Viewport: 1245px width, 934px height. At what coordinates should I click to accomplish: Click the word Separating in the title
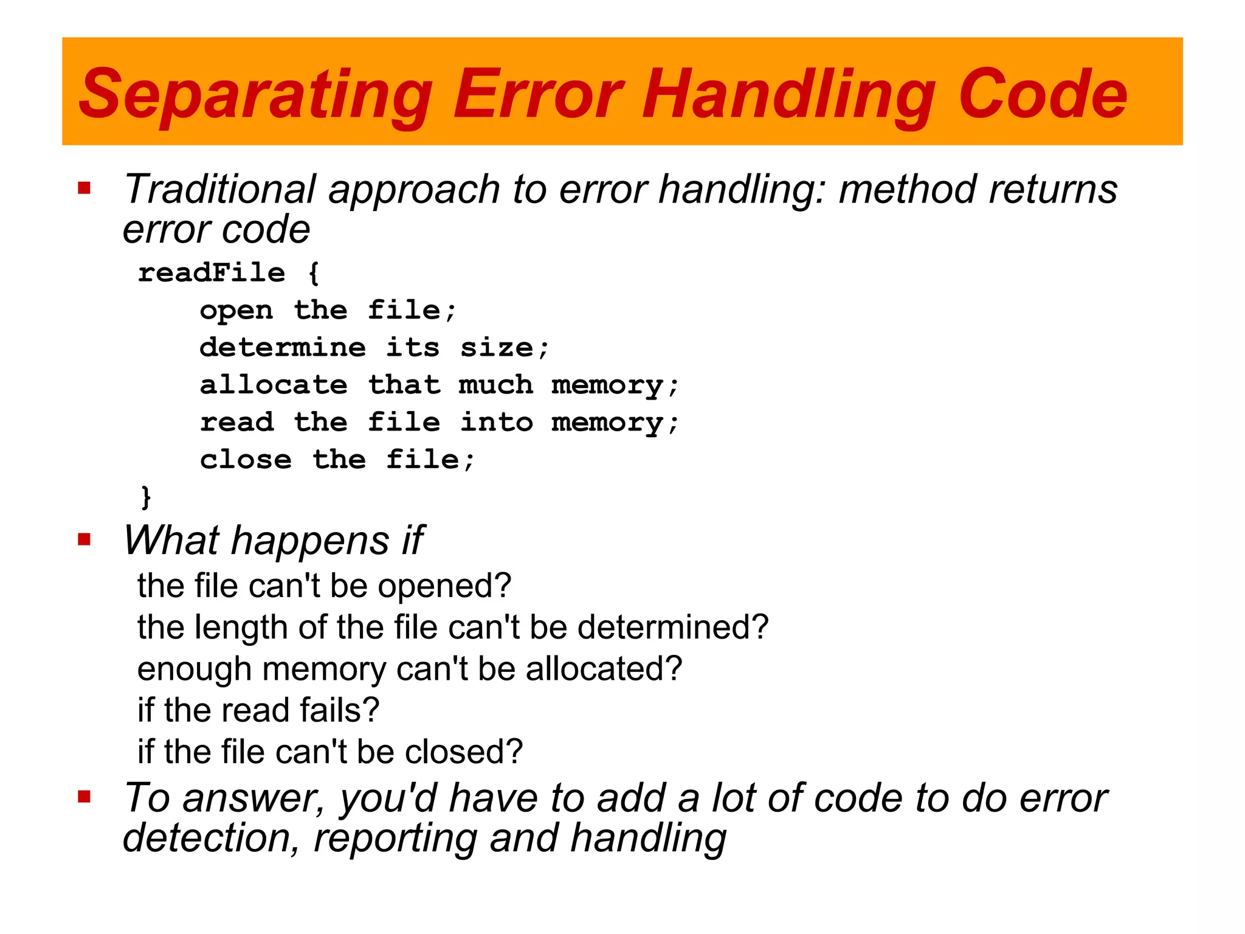(255, 94)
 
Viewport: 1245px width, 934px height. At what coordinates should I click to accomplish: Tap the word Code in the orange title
(1042, 94)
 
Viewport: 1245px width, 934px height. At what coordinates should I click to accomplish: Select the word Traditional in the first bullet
(219, 189)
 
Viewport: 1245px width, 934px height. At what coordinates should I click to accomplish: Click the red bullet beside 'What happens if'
(84, 539)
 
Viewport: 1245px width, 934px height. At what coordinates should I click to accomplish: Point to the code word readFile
(212, 273)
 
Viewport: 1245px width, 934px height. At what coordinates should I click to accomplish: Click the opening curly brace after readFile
(314, 273)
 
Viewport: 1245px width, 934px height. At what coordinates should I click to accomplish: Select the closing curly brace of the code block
(146, 497)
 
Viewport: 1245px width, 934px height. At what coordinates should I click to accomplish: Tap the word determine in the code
(283, 348)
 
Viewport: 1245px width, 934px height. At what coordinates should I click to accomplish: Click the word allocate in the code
(274, 386)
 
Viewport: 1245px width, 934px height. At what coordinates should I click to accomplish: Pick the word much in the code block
(496, 386)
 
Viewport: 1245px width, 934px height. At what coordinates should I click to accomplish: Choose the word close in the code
(246, 460)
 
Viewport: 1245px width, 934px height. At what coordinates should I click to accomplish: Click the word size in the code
(497, 348)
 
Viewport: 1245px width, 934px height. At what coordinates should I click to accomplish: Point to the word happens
(310, 541)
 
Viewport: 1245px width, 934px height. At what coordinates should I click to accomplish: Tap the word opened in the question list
(444, 586)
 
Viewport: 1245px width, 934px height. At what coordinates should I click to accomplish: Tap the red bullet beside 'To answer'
(84, 797)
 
